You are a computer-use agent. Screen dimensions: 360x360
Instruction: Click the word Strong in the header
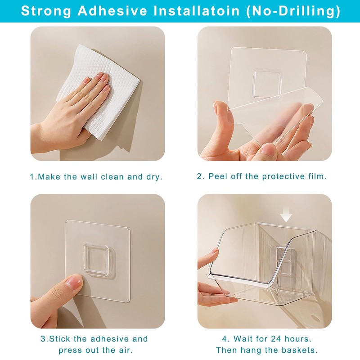pos(46,11)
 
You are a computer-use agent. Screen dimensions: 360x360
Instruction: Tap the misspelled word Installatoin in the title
pos(197,11)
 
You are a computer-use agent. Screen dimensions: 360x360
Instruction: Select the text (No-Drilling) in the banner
pos(293,11)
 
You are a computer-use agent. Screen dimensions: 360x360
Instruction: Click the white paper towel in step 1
pos(98,92)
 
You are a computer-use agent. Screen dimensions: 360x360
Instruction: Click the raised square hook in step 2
pos(267,85)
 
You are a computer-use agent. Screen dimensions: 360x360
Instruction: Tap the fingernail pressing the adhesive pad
pos(73,280)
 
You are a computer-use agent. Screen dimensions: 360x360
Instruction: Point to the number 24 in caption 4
pos(276,339)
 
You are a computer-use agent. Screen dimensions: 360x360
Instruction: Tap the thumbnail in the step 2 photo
pos(267,149)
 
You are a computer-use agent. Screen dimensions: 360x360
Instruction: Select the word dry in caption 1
pos(154,177)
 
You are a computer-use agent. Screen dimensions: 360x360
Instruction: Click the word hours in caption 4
pos(298,339)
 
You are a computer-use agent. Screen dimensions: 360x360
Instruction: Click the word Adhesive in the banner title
pos(112,11)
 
